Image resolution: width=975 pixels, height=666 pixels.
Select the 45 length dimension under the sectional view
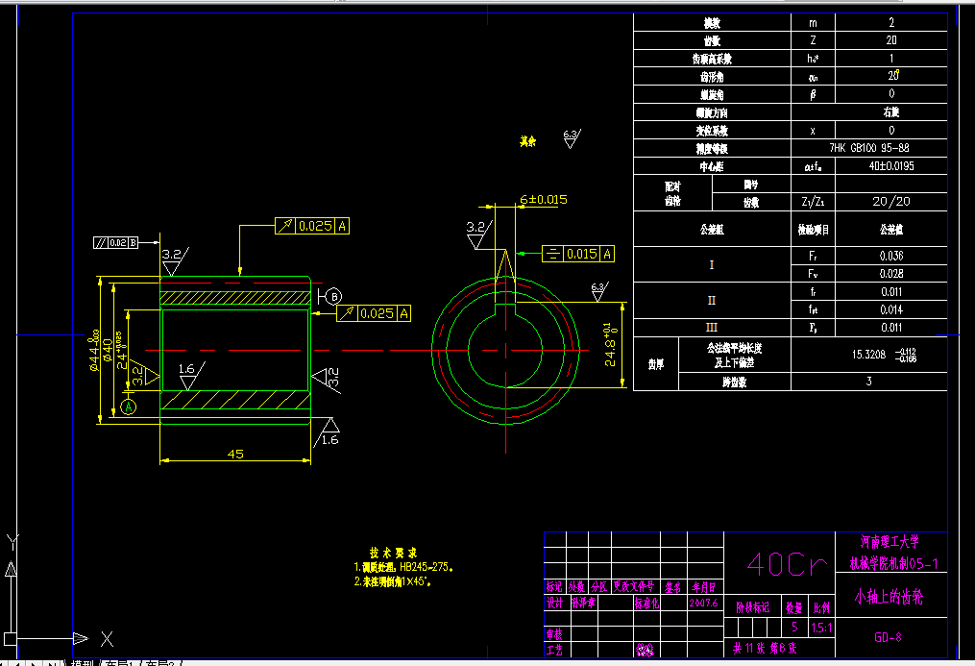coord(235,454)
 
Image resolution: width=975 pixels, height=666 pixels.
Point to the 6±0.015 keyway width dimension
coord(544,200)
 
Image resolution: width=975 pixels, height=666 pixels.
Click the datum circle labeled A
coord(129,407)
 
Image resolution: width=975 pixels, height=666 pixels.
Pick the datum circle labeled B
coord(334,296)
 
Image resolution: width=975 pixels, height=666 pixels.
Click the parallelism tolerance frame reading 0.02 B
coord(116,242)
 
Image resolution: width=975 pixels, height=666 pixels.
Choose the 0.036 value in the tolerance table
coord(890,257)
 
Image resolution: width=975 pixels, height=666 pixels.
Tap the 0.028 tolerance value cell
coord(890,274)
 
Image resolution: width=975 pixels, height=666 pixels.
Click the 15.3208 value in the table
coord(870,355)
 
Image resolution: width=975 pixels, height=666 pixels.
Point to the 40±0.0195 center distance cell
coord(890,166)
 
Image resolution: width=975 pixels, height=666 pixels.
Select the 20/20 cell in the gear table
coord(890,202)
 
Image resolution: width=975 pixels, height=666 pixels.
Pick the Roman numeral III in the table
coord(711,327)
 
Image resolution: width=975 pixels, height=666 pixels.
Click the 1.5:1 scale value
coord(822,628)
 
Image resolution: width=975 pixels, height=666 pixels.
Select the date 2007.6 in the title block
coord(704,604)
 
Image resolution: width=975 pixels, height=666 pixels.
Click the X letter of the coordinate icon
coord(108,638)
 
